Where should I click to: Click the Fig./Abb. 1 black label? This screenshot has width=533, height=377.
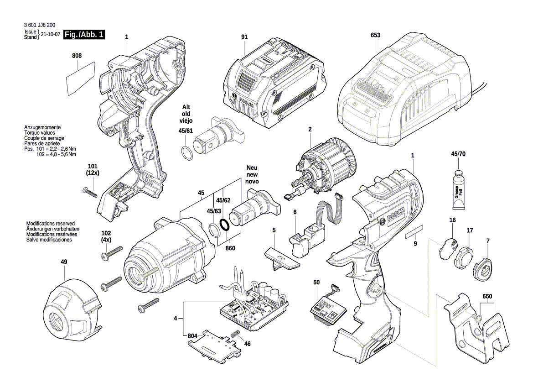pyautogui.click(x=84, y=35)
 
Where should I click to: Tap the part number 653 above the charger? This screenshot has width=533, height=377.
pyautogui.click(x=375, y=35)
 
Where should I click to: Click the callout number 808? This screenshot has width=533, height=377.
pyautogui.click(x=77, y=56)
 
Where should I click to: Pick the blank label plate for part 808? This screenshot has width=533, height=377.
pyautogui.click(x=80, y=78)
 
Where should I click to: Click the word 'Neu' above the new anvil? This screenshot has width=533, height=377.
pyautogui.click(x=252, y=168)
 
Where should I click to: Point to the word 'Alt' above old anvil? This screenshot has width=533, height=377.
pyautogui.click(x=186, y=106)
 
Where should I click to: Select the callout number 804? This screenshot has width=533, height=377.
pyautogui.click(x=193, y=336)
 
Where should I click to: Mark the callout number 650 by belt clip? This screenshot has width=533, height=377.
pyautogui.click(x=487, y=296)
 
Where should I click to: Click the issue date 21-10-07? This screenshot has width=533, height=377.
pyautogui.click(x=51, y=35)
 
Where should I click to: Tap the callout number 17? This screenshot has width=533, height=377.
pyautogui.click(x=469, y=230)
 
